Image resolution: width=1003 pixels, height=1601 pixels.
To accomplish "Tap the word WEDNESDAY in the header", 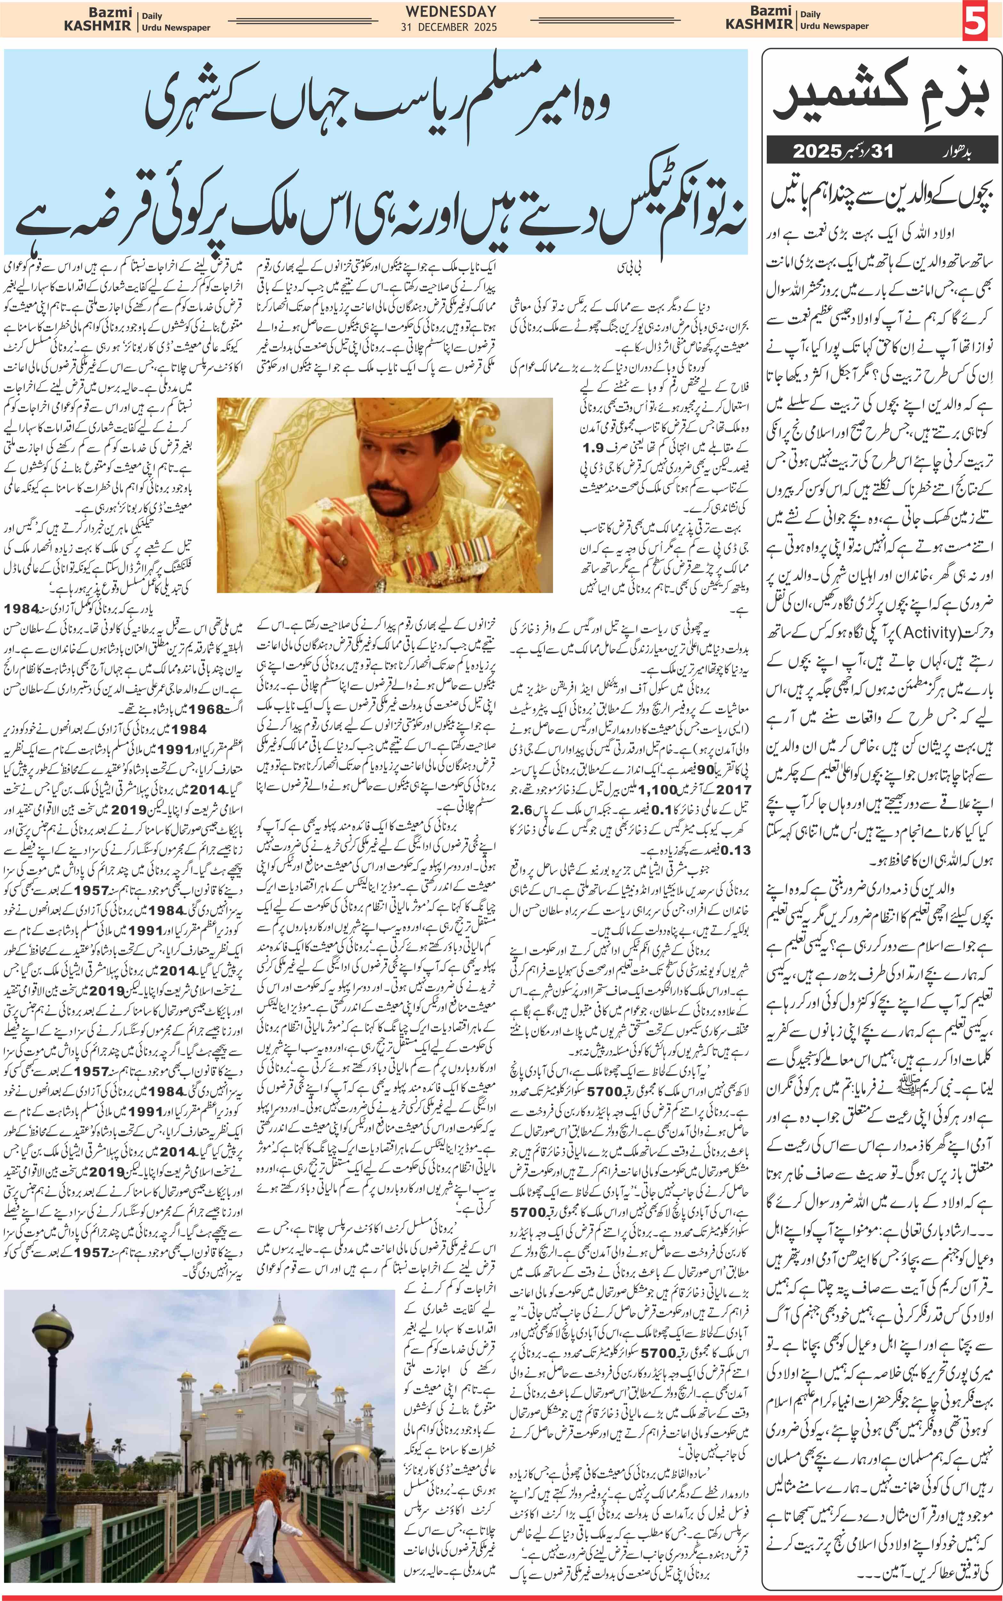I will pos(451,11).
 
